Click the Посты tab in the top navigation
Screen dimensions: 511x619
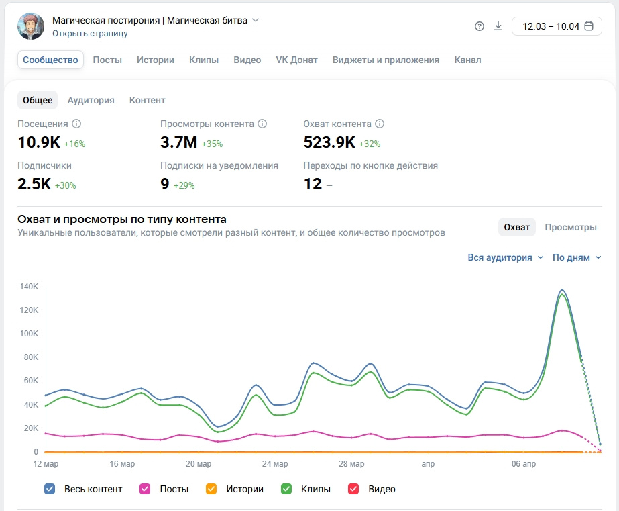[107, 60]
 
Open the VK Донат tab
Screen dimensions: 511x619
[296, 60]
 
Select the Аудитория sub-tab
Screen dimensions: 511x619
[91, 100]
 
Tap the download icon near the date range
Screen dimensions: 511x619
[498, 26]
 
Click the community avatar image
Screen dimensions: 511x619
[31, 26]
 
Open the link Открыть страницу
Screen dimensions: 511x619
[90, 33]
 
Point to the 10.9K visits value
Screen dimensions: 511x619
[39, 142]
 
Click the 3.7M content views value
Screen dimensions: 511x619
[178, 142]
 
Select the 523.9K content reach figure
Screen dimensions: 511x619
[329, 142]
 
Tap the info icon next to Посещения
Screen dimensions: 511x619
[76, 124]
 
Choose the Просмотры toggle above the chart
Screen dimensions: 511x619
[570, 227]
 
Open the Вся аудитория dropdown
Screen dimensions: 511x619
[506, 257]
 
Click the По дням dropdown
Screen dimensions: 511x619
[577, 257]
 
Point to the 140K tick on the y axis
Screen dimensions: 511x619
[30, 287]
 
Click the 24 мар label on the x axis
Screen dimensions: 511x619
[276, 464]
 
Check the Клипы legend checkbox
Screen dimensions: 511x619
[287, 489]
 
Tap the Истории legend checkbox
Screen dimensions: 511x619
[211, 489]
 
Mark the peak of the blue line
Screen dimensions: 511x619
[562, 290]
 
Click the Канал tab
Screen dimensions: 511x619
[467, 60]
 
